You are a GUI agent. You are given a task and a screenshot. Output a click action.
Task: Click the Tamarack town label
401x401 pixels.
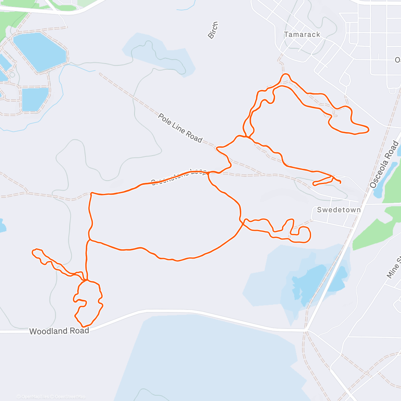pos(302,34)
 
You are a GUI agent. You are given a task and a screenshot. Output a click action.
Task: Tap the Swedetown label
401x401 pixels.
pos(339,210)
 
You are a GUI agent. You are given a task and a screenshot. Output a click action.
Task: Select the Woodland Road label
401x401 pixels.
pos(59,331)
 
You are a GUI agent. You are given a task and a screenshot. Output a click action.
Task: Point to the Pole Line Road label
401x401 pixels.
pos(180,128)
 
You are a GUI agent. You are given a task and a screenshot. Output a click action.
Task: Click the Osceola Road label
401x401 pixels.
pos(384,164)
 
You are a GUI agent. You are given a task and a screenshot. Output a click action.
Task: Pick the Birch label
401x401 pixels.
pos(213,30)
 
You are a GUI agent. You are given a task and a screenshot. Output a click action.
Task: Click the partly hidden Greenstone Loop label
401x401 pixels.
pos(179,177)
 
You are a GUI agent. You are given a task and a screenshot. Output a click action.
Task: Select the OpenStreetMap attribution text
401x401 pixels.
pos(70,397)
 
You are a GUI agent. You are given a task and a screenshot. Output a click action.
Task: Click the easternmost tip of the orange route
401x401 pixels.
pos(368,129)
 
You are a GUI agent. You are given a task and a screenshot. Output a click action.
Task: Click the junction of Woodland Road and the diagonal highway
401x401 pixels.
pos(306,330)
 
